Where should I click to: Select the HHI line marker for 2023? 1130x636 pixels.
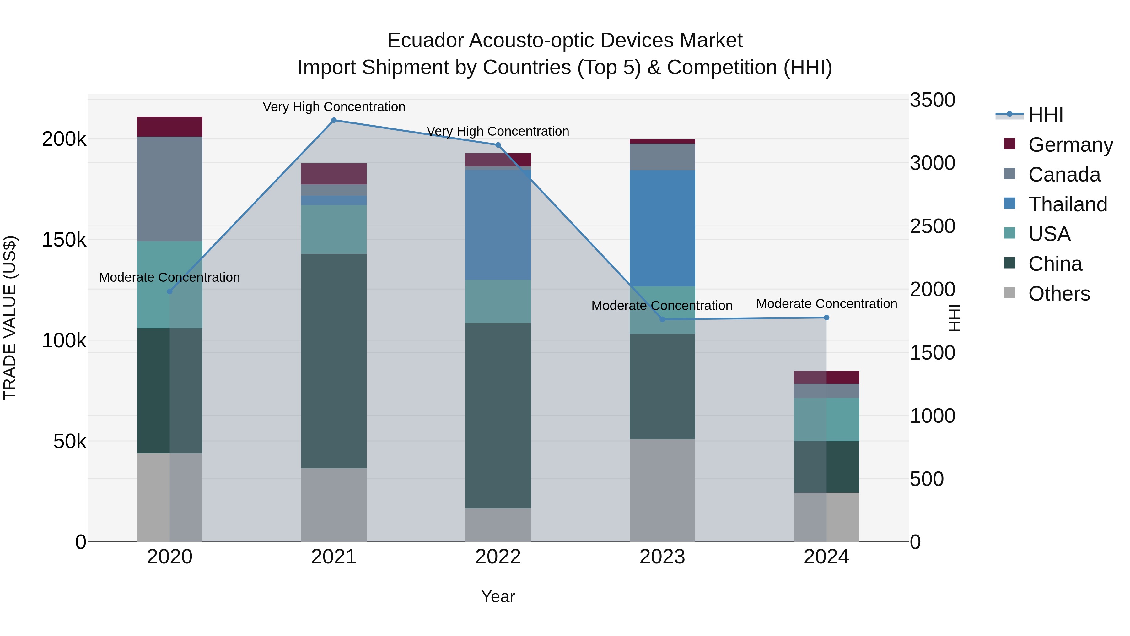[662, 319]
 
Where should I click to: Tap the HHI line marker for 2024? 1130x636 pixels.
[826, 317]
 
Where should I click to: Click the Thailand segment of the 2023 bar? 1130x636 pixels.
[662, 228]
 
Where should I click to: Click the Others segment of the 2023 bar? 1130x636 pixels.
[662, 490]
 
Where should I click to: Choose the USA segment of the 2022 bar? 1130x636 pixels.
[498, 301]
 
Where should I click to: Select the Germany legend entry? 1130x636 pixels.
[1070, 145]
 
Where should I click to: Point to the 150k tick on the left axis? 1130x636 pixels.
[64, 240]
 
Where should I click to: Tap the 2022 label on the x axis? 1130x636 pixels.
[498, 557]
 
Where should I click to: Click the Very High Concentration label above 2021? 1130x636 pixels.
[334, 107]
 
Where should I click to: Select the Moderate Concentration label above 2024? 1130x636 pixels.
[826, 304]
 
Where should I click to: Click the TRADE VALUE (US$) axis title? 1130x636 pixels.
[10, 318]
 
